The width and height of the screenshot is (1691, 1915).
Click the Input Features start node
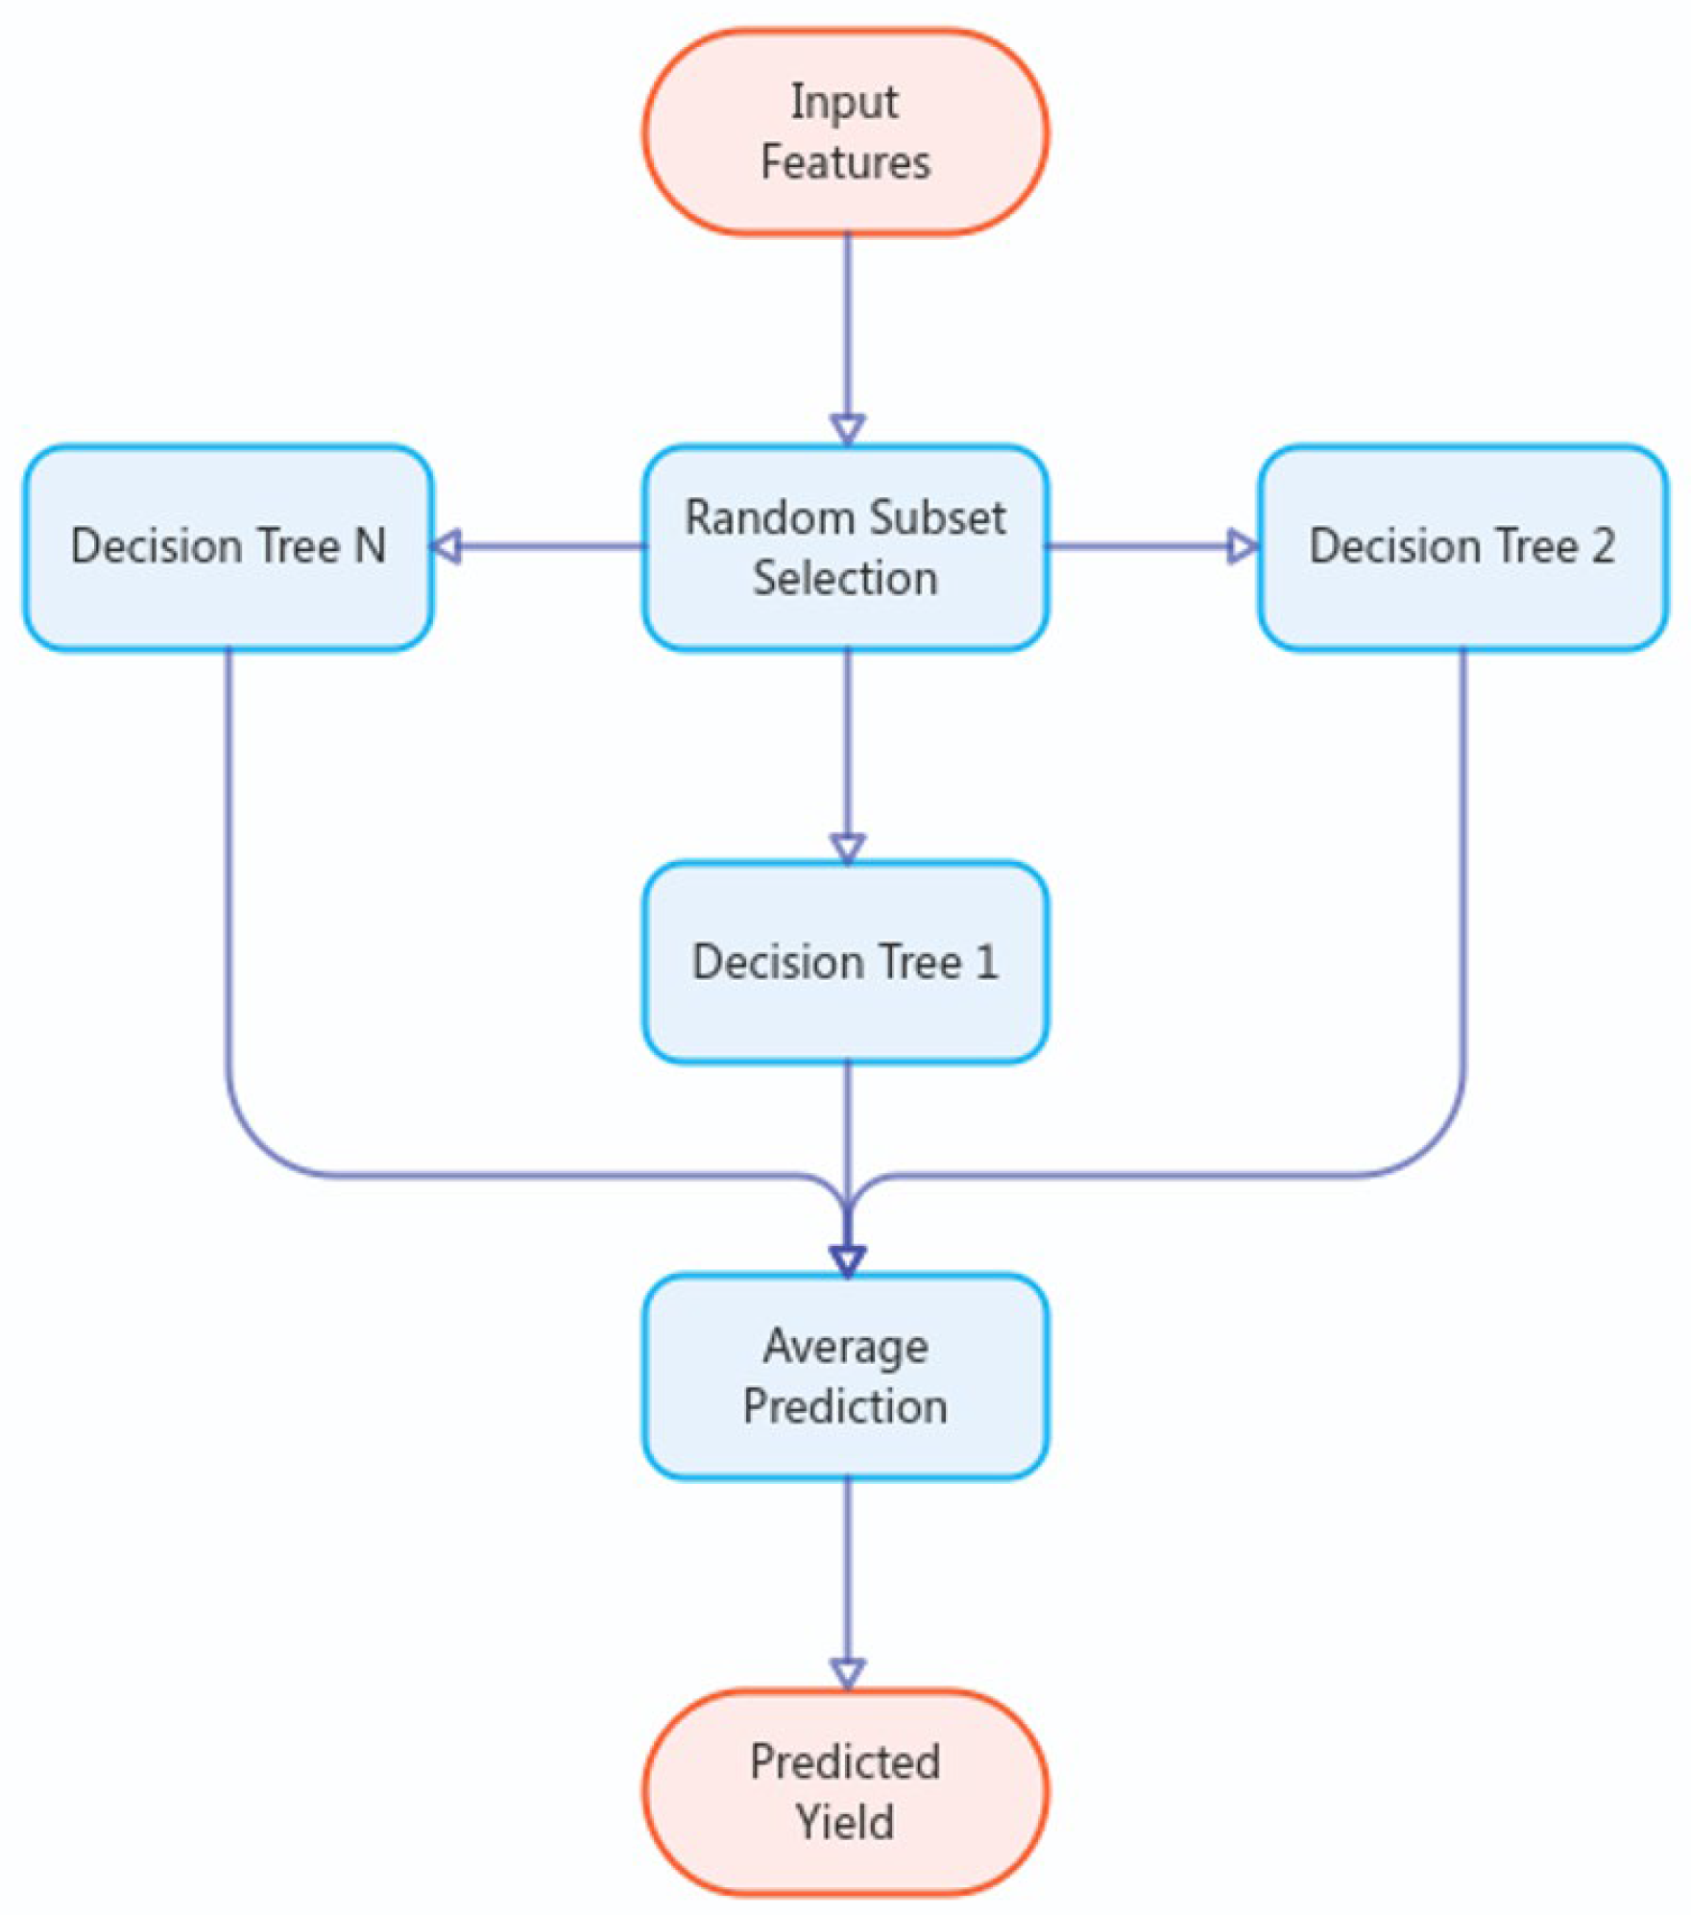845,132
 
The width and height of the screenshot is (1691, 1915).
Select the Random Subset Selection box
845,547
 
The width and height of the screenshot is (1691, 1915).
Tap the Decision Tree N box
228,547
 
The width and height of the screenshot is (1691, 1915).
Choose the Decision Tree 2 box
1462,547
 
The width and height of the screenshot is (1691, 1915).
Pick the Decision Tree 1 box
845,962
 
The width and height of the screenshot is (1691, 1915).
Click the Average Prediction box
845,1376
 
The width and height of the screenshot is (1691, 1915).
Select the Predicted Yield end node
845,1791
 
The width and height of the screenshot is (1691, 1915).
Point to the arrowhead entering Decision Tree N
446,547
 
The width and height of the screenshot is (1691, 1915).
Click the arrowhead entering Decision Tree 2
1243,547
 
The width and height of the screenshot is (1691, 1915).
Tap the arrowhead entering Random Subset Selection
847,428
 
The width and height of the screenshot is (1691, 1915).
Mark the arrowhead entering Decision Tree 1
847,847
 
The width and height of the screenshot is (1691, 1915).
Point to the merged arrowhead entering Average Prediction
847,1259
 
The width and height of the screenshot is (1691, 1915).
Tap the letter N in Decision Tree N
370,546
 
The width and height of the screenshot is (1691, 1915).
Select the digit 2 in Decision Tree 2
1602,546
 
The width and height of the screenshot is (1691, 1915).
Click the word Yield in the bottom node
845,1822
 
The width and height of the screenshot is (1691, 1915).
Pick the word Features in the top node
845,162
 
